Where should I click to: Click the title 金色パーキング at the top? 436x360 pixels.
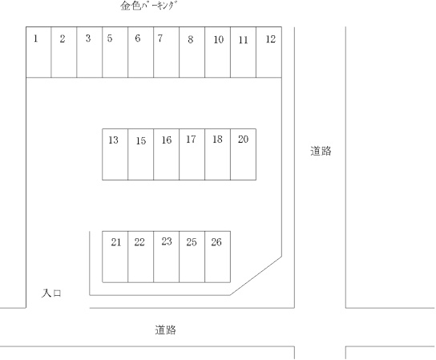pyautogui.click(x=148, y=6)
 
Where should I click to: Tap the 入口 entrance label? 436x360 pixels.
pyautogui.click(x=51, y=293)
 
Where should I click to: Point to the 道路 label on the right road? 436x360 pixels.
pyautogui.click(x=321, y=151)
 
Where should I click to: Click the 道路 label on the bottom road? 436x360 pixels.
pyautogui.click(x=165, y=330)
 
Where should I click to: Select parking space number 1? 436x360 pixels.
pyautogui.click(x=38, y=52)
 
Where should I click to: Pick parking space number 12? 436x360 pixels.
pyautogui.click(x=268, y=52)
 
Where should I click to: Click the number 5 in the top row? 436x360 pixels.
pyautogui.click(x=110, y=38)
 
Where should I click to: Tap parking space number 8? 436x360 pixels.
pyautogui.click(x=192, y=52)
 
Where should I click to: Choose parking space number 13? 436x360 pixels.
pyautogui.click(x=115, y=154)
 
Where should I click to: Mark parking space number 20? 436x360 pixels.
pyautogui.click(x=244, y=154)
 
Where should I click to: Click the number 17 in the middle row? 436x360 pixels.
pyautogui.click(x=191, y=139)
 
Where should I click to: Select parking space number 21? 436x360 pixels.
pyautogui.click(x=115, y=257)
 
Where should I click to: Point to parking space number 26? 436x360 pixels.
pyautogui.click(x=218, y=257)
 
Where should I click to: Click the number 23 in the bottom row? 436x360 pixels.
pyautogui.click(x=167, y=241)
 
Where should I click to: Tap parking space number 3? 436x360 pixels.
pyautogui.click(x=90, y=52)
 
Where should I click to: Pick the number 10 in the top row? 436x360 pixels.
pyautogui.click(x=219, y=40)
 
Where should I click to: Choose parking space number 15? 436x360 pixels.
pyautogui.click(x=141, y=154)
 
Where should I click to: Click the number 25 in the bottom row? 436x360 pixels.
pyautogui.click(x=192, y=242)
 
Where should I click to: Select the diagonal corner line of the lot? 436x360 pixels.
pyautogui.click(x=256, y=276)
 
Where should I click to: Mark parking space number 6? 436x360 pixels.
pyautogui.click(x=141, y=52)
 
